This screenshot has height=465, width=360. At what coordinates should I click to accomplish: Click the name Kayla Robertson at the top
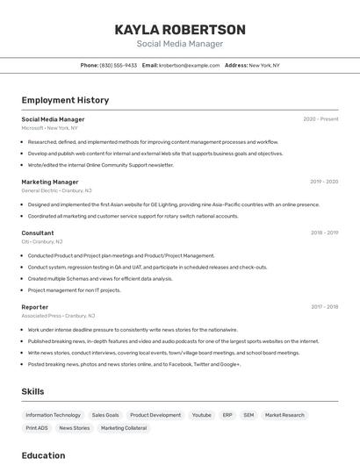pos(180,30)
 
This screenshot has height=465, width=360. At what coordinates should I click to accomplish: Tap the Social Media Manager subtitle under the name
pos(180,44)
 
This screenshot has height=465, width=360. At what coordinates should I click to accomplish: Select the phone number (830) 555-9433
pos(119,65)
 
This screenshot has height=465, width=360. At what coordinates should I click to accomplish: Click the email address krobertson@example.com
pos(190,65)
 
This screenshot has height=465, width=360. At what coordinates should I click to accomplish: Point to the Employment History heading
pos(65,101)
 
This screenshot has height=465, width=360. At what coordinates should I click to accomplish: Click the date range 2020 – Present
pos(320,119)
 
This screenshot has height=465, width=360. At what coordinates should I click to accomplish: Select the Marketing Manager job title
pos(50,182)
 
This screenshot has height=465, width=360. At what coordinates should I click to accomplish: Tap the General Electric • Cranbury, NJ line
pos(56,190)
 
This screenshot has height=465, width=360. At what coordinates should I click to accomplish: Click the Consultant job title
pos(38,233)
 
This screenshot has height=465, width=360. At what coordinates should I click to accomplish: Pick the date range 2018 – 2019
pos(324,233)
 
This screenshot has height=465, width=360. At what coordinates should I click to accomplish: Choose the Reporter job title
pos(35,307)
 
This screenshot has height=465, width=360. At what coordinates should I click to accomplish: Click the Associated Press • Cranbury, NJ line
pos(58,315)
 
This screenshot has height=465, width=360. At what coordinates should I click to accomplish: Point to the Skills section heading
pos(32,391)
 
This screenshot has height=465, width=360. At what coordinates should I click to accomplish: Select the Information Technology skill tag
pos(53,415)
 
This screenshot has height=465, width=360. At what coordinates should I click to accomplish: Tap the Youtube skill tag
pos(202,415)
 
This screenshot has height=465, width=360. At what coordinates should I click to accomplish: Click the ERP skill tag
pos(227,415)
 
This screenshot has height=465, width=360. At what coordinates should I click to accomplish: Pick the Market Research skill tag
pos(284,415)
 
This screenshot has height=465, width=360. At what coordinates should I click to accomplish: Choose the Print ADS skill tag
pos(37,428)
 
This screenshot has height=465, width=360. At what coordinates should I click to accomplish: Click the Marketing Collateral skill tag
pos(124,428)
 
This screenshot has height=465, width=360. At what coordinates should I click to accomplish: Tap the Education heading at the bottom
pos(44,455)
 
